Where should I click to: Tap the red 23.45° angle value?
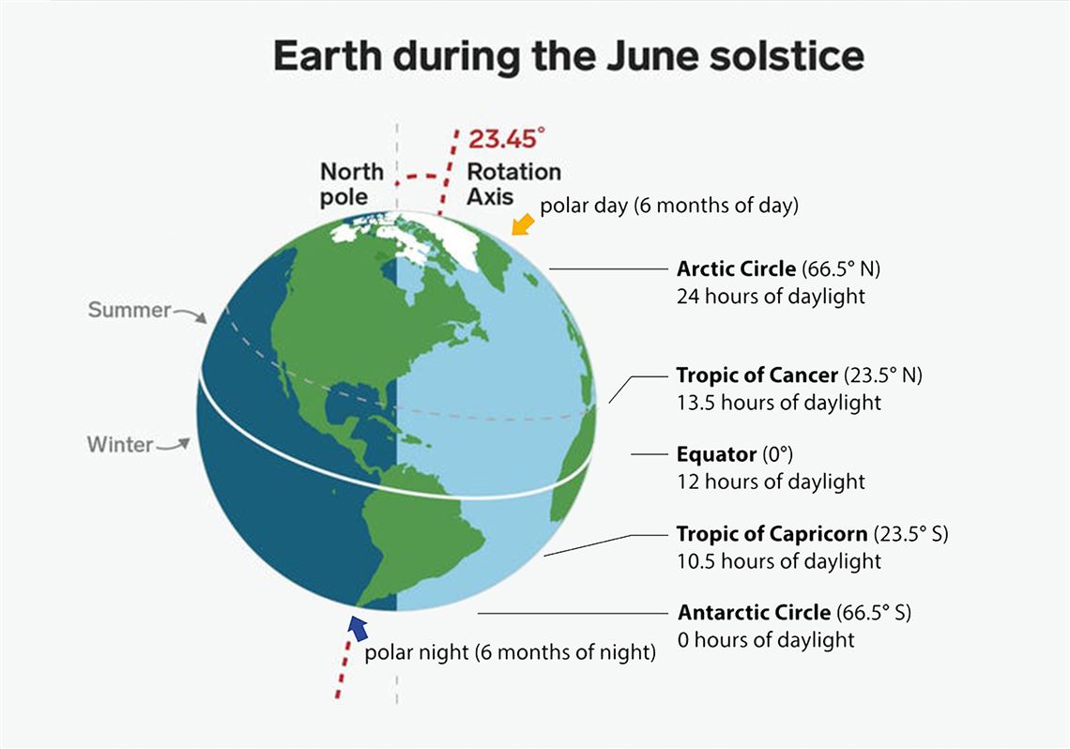click(507, 139)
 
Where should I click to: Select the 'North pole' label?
click(351, 184)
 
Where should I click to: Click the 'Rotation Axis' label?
click(513, 184)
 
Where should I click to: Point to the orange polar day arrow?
click(523, 223)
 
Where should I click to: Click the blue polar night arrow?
click(359, 628)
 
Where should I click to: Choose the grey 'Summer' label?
click(129, 310)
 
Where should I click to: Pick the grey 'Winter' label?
click(120, 445)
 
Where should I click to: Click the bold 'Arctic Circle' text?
click(736, 268)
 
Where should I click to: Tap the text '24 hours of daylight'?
click(772, 296)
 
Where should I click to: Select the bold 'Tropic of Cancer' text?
click(757, 375)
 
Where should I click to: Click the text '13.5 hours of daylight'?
click(779, 403)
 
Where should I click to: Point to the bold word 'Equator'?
click(716, 454)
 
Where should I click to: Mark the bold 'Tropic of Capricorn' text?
click(772, 533)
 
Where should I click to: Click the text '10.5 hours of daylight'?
click(779, 560)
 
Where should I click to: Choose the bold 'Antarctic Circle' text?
click(754, 613)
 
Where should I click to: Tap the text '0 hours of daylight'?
click(766, 640)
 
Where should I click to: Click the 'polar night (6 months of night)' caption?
click(510, 653)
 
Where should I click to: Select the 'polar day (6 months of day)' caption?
click(668, 206)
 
